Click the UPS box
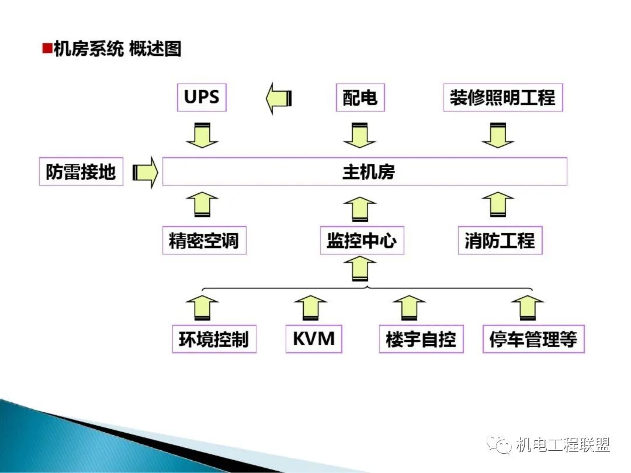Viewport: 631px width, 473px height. point(202,98)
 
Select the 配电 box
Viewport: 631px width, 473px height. point(360,98)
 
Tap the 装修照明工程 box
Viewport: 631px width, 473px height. point(502,98)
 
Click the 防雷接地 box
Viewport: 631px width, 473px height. point(81,172)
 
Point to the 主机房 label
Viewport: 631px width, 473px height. point(369,172)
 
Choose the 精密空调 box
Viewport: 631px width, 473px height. point(204,241)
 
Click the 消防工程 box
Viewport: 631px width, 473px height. point(500,241)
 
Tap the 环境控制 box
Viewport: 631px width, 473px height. point(214,339)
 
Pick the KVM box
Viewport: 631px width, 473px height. point(313,339)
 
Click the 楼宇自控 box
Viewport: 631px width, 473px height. point(421,339)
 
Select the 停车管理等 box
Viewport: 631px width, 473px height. point(533,339)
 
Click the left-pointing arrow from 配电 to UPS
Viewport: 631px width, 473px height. point(279,99)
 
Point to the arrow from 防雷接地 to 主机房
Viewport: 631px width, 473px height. point(145,172)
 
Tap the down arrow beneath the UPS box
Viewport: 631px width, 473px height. point(202,135)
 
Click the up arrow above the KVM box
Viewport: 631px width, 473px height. point(311,307)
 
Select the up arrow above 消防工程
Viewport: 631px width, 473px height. point(498,205)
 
